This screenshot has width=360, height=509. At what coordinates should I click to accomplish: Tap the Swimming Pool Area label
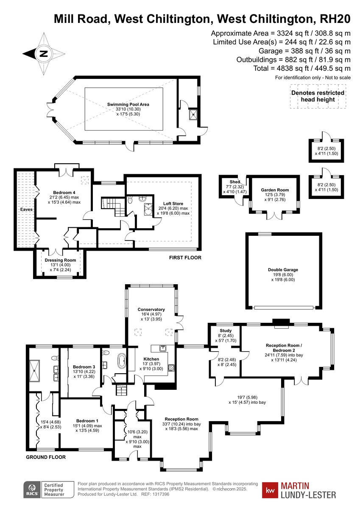pos(128,104)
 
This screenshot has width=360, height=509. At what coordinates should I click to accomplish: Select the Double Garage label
pos(283,269)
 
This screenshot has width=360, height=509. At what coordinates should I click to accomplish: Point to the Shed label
pos(234,182)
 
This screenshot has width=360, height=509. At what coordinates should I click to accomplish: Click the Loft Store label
pos(173,203)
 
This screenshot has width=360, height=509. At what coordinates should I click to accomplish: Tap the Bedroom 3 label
pos(84,366)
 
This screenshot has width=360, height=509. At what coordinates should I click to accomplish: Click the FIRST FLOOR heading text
pos(185,257)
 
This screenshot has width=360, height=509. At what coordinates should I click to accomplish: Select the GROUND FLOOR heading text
pos(46,457)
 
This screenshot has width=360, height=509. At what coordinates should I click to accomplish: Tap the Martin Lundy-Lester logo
pos(299,490)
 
